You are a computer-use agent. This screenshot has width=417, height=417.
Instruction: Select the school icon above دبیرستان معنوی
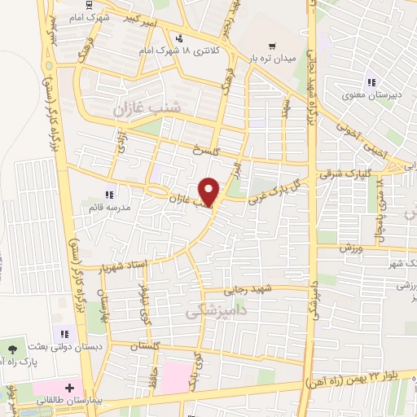click(x=371, y=81)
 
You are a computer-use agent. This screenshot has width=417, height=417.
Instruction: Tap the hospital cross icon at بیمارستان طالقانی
click(x=71, y=386)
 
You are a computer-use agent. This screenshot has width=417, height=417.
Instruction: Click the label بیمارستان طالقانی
click(x=66, y=402)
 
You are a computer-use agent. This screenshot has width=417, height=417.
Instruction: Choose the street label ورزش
click(x=351, y=246)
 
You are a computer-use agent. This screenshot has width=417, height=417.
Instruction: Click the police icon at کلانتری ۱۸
click(x=178, y=37)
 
